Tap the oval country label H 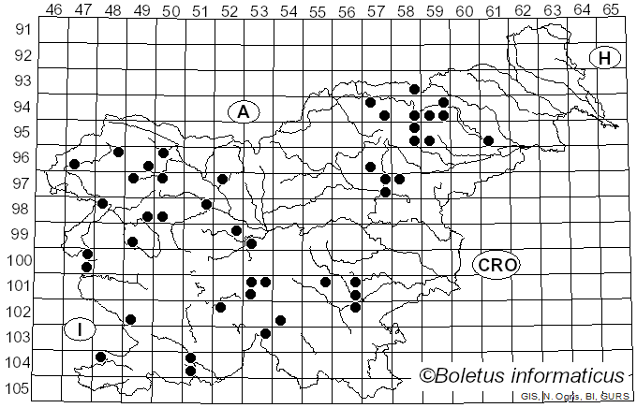point(605,58)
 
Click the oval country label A point(243,112)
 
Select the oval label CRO point(496,265)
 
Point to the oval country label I point(81,328)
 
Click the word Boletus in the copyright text point(472,376)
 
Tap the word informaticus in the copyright point(566,376)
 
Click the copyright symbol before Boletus point(426,376)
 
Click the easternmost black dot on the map point(488,140)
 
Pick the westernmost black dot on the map point(74,164)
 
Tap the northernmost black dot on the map point(414,89)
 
